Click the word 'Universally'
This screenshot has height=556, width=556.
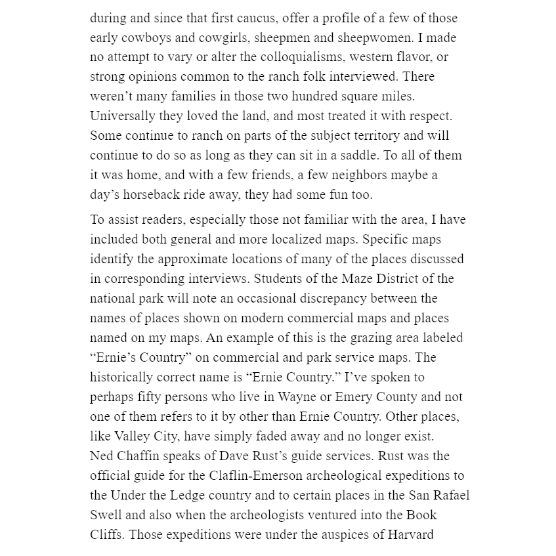coord(121,116)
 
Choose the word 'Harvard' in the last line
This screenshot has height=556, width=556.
coord(410,534)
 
